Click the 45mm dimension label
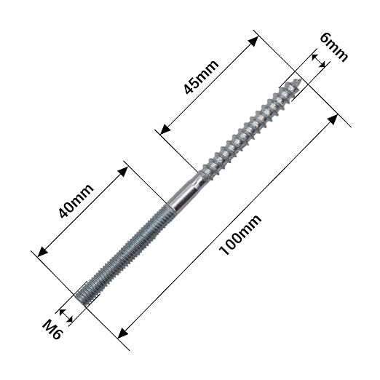pyautogui.click(x=201, y=77)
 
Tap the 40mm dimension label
pyautogui.click(x=76, y=201)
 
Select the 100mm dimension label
pyautogui.click(x=240, y=234)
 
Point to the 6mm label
pyautogui.click(x=333, y=47)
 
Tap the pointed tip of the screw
pyautogui.click(x=300, y=81)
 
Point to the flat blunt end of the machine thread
pyautogui.click(x=81, y=299)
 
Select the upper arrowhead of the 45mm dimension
pyautogui.click(x=253, y=41)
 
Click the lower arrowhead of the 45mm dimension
pyautogui.click(x=165, y=129)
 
